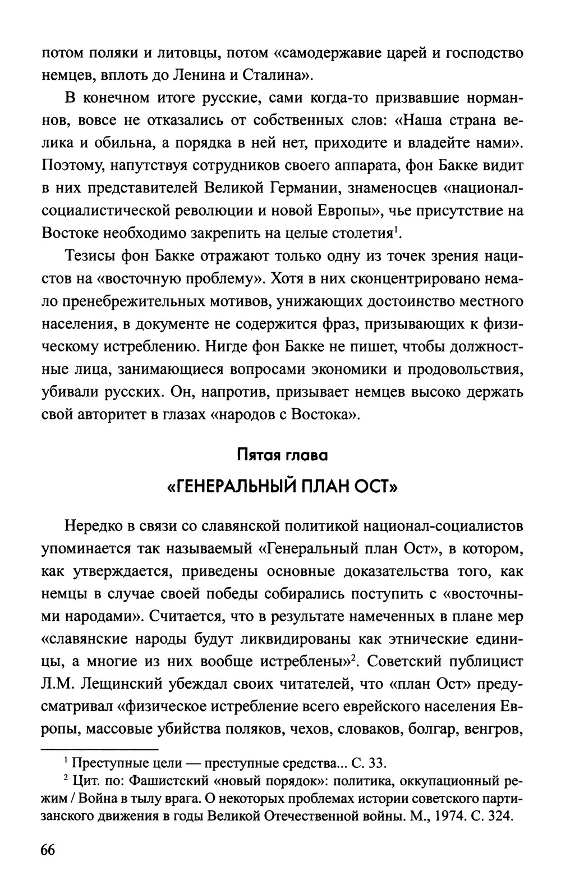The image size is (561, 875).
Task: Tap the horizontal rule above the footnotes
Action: (100, 749)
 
